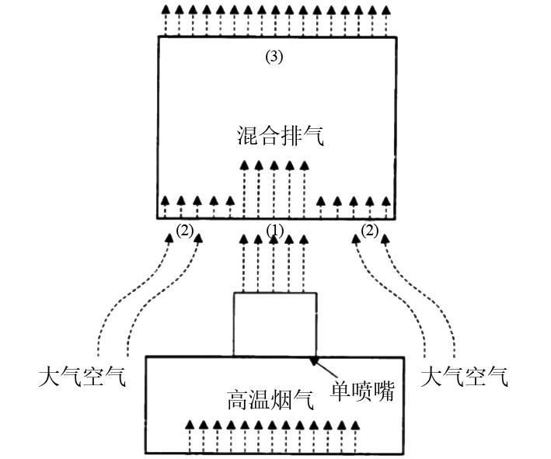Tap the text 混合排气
point(280,137)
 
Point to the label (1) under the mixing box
point(276,230)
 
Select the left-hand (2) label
point(184,230)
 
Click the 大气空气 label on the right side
point(465,378)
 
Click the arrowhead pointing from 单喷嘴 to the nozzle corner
point(314,360)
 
